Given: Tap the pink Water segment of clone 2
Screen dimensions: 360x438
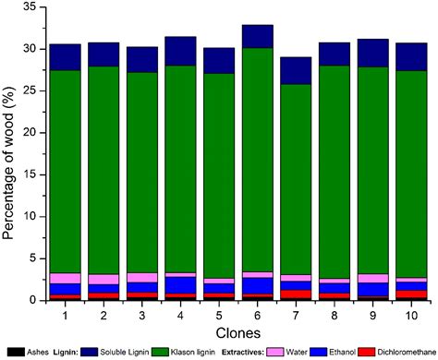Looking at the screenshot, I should pos(103,279).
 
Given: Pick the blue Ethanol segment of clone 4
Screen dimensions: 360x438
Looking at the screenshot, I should pos(180,284).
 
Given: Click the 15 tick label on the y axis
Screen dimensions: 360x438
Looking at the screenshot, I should pos(30,174).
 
